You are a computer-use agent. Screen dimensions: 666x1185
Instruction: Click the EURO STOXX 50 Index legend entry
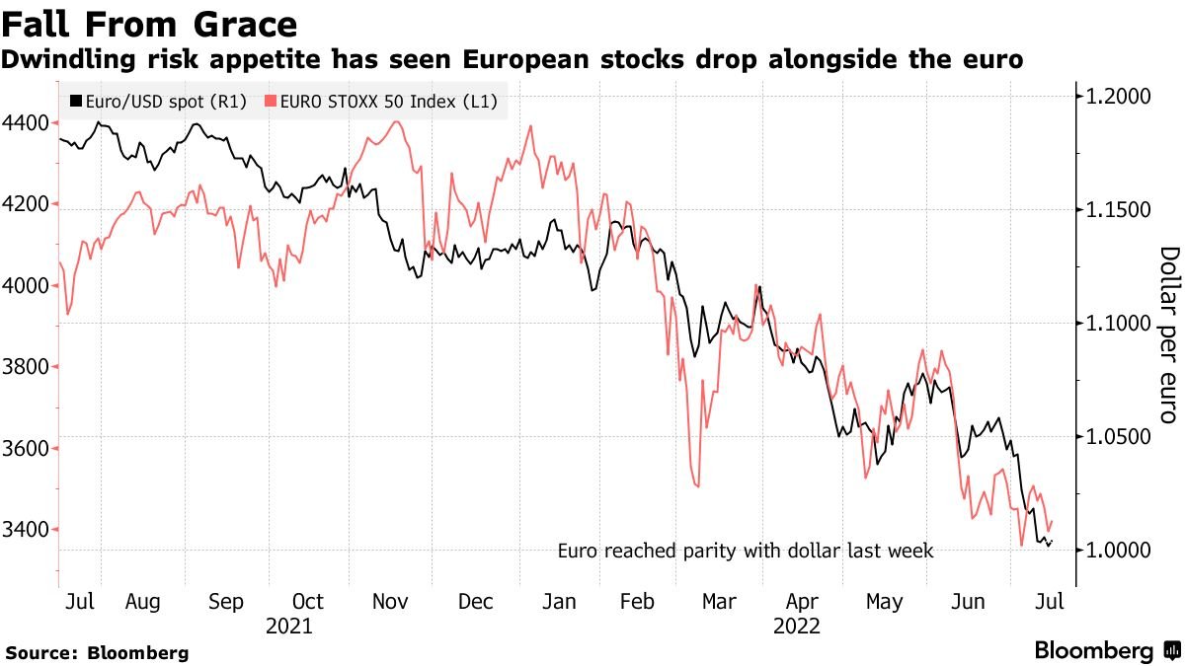pos(381,101)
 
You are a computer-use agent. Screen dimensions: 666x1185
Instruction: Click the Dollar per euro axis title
pos(1168,335)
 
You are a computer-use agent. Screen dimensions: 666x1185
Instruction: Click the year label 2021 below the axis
pos(290,626)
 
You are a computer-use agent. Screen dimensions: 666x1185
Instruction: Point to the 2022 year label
pos(798,626)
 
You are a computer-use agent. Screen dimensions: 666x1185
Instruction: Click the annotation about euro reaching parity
pos(745,551)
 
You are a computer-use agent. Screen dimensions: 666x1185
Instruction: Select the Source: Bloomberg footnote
pos(97,652)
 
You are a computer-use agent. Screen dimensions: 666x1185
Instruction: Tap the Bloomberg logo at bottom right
pos(1106,651)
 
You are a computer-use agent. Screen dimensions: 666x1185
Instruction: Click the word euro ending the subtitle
pos(991,60)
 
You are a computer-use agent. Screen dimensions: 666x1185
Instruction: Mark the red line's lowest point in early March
pos(698,485)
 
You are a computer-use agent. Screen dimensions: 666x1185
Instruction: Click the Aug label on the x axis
pos(143,602)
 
